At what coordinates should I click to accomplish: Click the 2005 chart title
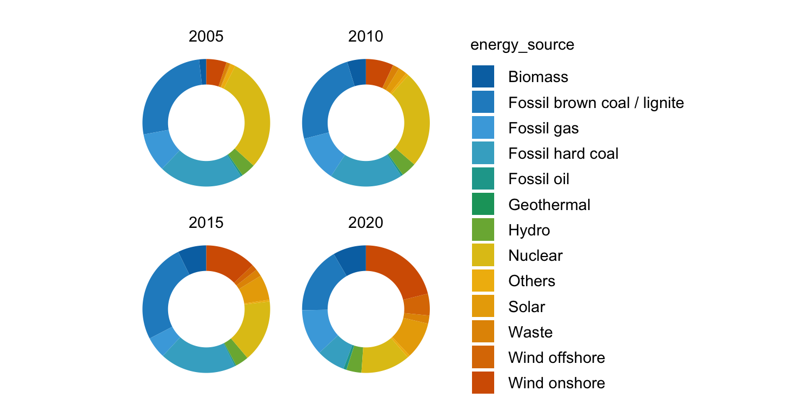coord(206,37)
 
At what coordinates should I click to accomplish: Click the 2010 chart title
coord(366,37)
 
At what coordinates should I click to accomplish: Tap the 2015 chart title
coord(206,222)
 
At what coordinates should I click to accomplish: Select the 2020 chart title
coord(366,222)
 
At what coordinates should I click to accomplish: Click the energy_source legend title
coord(522,45)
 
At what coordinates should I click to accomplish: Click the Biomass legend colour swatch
coord(483,77)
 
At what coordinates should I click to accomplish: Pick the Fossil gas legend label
coord(543,128)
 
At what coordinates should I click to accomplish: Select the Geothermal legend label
coord(549,205)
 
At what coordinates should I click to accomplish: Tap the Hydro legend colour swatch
coord(483,230)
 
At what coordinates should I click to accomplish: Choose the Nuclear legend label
coord(535,255)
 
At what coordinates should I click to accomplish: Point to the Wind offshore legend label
coord(556,357)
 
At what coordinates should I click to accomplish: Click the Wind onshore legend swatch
coord(483,383)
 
